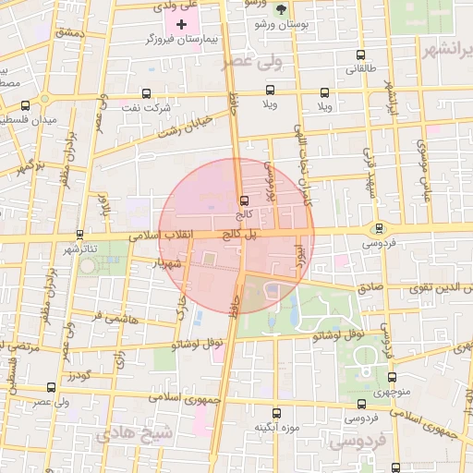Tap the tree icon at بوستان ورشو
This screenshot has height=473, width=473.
(x=280, y=10)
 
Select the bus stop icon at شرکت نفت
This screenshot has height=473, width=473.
(x=147, y=93)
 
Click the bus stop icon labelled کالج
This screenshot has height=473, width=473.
(x=244, y=200)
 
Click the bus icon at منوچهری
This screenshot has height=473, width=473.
(x=391, y=378)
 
